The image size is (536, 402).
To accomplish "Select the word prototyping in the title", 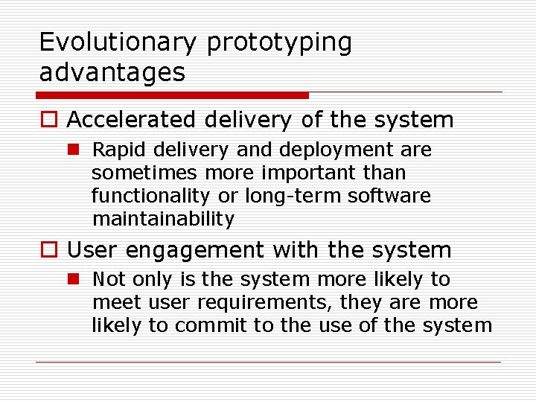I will [279, 42].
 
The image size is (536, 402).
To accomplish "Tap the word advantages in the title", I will [112, 72].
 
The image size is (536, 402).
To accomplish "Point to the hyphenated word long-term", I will [275, 197].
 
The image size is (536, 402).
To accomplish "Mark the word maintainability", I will [163, 220].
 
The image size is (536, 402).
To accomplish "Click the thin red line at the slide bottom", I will [268, 363].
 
